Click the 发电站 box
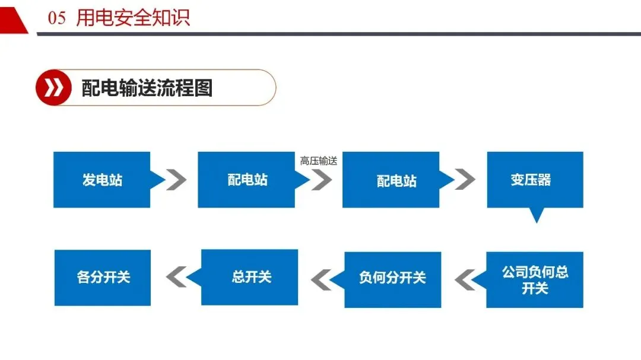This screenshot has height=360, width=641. (x=101, y=180)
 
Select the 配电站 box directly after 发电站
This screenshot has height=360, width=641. (x=246, y=180)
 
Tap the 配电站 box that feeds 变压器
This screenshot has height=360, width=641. (x=391, y=180)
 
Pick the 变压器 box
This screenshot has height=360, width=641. (x=535, y=180)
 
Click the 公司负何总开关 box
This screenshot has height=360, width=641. (x=535, y=280)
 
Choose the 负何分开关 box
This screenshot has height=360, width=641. (x=392, y=278)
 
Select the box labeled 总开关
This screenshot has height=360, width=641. (x=249, y=277)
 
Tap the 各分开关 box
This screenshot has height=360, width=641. (x=103, y=278)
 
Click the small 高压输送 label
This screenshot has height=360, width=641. (x=318, y=161)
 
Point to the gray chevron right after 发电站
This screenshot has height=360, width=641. (x=176, y=180)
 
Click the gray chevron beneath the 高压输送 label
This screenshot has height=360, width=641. (x=322, y=180)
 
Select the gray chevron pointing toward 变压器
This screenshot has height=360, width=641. (x=465, y=180)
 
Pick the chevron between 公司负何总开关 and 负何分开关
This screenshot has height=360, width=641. (x=465, y=279)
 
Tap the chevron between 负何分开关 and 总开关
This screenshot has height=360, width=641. (x=321, y=278)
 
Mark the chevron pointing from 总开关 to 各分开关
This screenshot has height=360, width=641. (x=176, y=277)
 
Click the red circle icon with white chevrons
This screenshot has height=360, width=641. (x=53, y=88)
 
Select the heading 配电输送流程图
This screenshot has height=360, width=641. (x=147, y=88)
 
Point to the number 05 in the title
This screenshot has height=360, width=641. (x=57, y=18)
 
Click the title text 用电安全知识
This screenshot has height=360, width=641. (x=133, y=18)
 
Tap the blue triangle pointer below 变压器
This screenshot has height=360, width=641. (x=537, y=215)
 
